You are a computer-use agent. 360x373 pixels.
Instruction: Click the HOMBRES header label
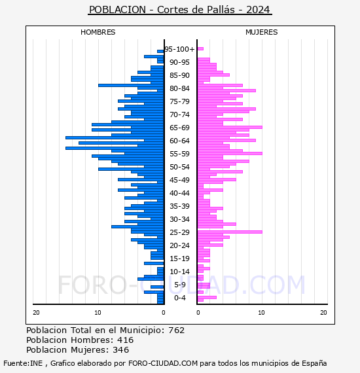click(x=98, y=32)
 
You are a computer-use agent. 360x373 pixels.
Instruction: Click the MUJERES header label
click(x=262, y=32)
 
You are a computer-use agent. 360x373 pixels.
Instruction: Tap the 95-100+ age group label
click(x=179, y=49)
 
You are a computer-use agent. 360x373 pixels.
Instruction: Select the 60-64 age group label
click(x=179, y=141)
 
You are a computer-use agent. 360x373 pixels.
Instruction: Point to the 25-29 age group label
click(x=179, y=232)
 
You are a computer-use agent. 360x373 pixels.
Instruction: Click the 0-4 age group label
click(x=179, y=298)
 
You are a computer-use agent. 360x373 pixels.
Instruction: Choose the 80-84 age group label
click(x=179, y=88)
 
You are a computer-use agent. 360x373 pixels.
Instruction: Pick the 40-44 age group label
click(x=179, y=193)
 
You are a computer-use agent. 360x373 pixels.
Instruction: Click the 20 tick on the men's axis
click(x=36, y=313)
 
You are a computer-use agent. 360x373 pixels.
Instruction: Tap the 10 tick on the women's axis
click(x=261, y=313)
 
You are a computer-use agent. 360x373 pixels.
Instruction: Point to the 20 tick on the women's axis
click(x=323, y=313)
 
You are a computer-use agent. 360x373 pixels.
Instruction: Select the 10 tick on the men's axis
click(x=98, y=313)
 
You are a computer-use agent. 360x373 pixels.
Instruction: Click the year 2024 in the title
click(x=258, y=10)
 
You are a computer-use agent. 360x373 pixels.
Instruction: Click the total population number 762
click(x=176, y=330)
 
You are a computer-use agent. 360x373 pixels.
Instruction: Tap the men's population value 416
click(x=126, y=340)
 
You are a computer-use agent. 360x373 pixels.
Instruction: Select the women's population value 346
click(x=121, y=349)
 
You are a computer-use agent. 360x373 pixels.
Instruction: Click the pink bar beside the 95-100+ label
click(x=200, y=49)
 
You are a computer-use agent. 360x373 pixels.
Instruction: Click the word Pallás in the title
click(x=221, y=10)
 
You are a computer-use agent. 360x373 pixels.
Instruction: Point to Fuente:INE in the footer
click(x=23, y=363)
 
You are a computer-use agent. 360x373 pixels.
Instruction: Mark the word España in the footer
click(x=314, y=363)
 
